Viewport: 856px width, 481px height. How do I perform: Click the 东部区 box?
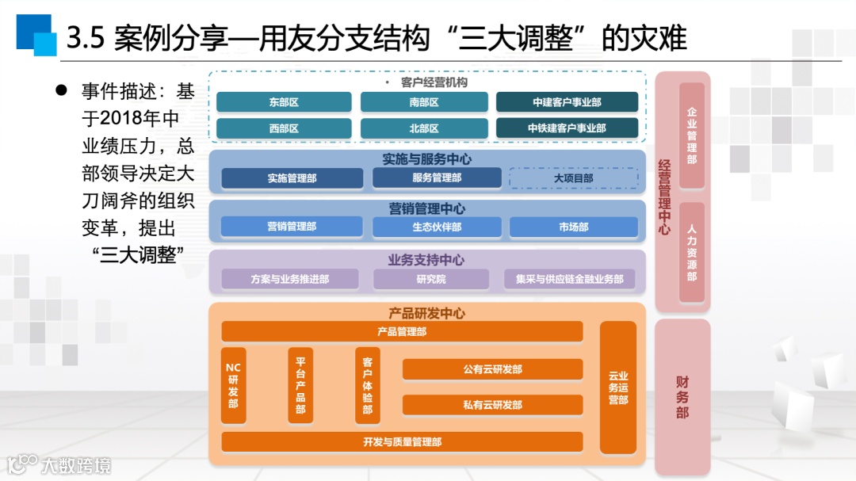coord(284,102)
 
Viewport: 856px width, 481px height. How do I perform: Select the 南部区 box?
coord(424,102)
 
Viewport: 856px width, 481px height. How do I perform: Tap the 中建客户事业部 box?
coord(567,102)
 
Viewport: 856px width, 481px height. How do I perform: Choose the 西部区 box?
coord(284,128)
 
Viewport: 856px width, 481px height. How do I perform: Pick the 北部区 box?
coord(424,128)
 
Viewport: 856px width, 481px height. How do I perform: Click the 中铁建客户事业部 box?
coord(567,128)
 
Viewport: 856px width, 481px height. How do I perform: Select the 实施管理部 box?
coord(292,178)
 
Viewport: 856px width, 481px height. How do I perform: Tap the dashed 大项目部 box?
coord(573,178)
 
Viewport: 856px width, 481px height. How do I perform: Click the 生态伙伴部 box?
coord(437,227)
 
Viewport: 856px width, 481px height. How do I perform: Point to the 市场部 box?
coord(573,227)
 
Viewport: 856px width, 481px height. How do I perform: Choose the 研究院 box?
coord(431,279)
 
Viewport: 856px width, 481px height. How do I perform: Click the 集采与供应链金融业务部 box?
coord(569,279)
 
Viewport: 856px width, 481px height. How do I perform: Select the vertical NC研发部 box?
coord(233,385)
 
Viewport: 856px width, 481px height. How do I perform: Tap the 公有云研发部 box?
coord(492,369)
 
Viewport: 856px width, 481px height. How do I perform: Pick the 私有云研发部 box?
coord(492,405)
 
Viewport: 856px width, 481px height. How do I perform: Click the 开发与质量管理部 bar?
coord(402,441)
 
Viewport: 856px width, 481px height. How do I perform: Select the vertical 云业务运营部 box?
coord(618,387)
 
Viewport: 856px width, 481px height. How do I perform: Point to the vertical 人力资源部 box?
coord(692,253)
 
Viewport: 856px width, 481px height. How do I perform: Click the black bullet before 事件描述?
coord(59,90)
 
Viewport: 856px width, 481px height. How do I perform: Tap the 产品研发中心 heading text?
coord(426,313)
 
